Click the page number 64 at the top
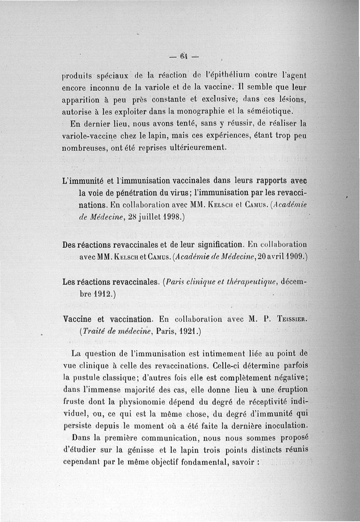point(183,57)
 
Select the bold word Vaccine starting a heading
point(78,319)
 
